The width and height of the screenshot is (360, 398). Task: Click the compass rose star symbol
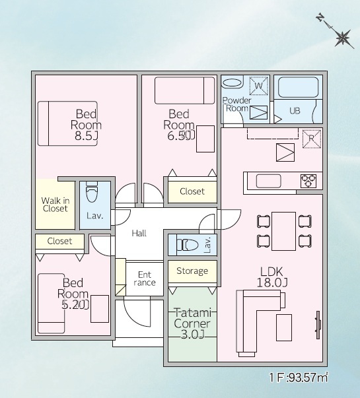click(343, 38)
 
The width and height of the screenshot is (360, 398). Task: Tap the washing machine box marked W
click(259, 86)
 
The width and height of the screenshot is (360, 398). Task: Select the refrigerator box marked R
click(312, 139)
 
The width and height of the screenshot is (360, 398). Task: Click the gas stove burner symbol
click(308, 181)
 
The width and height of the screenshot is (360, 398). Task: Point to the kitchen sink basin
click(269, 181)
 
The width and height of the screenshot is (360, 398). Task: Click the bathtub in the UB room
click(299, 87)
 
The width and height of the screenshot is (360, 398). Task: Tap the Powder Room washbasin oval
click(233, 83)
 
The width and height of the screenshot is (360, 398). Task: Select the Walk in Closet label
click(55, 205)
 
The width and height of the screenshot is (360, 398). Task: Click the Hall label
click(139, 233)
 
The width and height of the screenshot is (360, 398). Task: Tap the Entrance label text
click(145, 279)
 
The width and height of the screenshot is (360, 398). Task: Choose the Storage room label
click(192, 271)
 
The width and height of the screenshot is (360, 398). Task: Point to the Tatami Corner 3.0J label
click(192, 323)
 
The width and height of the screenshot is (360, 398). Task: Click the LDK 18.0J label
click(272, 277)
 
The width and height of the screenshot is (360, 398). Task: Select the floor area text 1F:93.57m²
click(299, 378)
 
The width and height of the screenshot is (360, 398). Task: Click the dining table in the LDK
click(284, 231)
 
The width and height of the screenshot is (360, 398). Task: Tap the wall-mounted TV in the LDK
click(318, 325)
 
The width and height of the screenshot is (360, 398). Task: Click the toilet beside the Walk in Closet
click(91, 192)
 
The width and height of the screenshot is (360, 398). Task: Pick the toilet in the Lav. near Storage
click(188, 245)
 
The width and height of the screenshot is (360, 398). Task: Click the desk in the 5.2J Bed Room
click(100, 309)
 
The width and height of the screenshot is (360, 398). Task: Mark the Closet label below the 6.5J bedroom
click(192, 191)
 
